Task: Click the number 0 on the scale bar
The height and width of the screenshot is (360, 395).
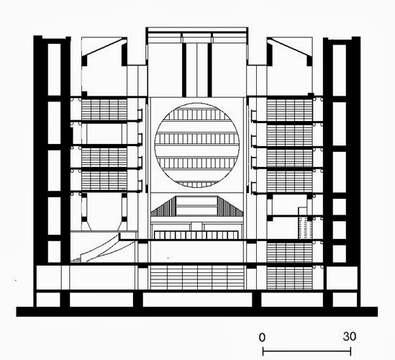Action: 262,337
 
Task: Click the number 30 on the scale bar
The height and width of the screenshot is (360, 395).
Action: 350,336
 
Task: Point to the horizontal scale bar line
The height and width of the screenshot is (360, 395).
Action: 307,351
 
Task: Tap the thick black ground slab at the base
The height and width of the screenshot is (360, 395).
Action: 196,312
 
